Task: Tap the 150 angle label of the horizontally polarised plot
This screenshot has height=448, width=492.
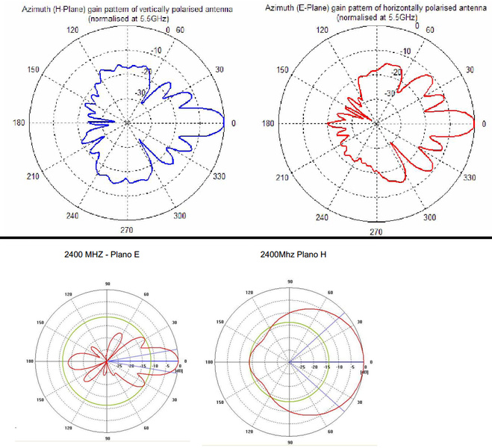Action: pos(282,69)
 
